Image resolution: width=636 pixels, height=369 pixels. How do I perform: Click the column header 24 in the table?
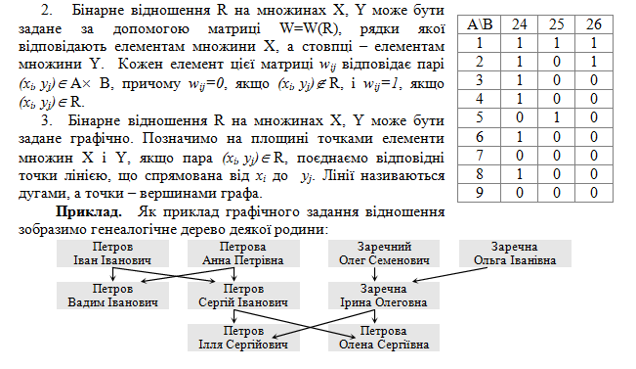pyautogui.click(x=519, y=24)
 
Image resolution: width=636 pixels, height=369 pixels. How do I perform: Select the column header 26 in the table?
pyautogui.click(x=594, y=24)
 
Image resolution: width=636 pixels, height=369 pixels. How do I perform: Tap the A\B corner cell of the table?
pyautogui.click(x=480, y=24)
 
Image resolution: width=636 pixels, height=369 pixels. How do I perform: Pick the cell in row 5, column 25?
pyautogui.click(x=557, y=117)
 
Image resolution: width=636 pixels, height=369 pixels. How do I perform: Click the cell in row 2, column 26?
pyautogui.click(x=594, y=62)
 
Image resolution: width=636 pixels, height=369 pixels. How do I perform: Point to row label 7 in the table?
pyautogui.click(x=480, y=156)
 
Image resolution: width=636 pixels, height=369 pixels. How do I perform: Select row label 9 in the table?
pyautogui.click(x=480, y=193)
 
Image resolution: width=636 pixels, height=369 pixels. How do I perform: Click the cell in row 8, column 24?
pyautogui.click(x=519, y=174)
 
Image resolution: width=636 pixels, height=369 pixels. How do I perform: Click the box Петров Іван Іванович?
pyautogui.click(x=112, y=254)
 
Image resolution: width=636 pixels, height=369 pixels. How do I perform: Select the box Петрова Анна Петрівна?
pyautogui.click(x=243, y=254)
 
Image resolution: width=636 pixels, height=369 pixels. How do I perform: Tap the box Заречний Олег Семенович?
pyautogui.click(x=384, y=254)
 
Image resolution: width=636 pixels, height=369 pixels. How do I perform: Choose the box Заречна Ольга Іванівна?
pyautogui.click(x=515, y=254)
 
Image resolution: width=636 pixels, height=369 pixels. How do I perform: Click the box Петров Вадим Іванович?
pyautogui.click(x=112, y=296)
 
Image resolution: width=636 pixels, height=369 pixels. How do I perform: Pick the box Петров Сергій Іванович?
pyautogui.click(x=243, y=296)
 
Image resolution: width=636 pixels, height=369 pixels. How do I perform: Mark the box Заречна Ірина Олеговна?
pyautogui.click(x=384, y=296)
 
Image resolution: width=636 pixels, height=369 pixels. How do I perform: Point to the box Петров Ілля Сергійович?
pyautogui.click(x=243, y=338)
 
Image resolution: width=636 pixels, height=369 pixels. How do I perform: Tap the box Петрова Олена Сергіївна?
pyautogui.click(x=384, y=338)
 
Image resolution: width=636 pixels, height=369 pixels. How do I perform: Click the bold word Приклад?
pyautogui.click(x=89, y=211)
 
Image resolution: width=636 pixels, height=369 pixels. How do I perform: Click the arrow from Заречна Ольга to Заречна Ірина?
pyautogui.click(x=449, y=274)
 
